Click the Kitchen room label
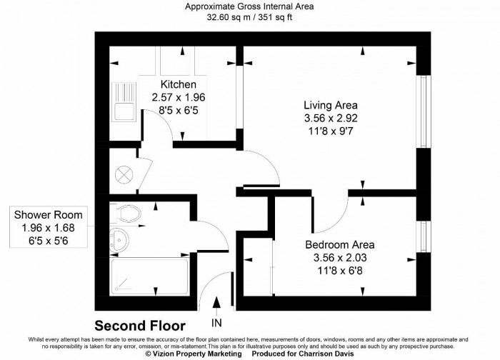(178, 84)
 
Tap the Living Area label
(329, 104)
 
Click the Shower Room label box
(48, 227)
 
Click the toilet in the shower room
(128, 212)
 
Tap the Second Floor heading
(140, 325)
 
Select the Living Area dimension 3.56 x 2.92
(329, 118)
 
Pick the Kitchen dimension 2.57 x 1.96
(178, 98)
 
